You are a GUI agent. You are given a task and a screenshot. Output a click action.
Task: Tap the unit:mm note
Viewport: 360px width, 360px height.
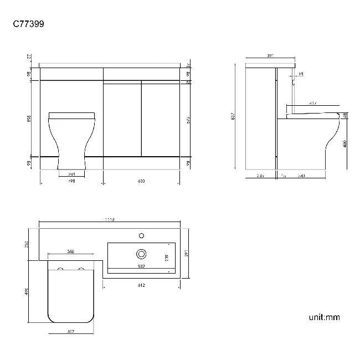pos(324,317)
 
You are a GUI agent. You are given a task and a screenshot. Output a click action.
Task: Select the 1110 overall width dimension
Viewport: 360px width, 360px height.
pos(110,220)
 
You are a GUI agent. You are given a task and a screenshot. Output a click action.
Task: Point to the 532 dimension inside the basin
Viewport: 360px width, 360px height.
pos(141,266)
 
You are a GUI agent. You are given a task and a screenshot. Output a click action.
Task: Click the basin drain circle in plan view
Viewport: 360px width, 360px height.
pos(142,254)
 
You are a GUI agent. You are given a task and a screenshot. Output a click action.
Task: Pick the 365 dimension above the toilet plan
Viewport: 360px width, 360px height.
pos(71,251)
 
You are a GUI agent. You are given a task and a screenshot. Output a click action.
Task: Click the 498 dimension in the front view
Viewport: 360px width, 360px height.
pos(71,180)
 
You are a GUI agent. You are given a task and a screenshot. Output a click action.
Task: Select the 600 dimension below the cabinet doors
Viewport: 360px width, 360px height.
pos(141,180)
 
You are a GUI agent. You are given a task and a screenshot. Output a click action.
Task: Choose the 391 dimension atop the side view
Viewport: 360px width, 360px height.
pos(270,56)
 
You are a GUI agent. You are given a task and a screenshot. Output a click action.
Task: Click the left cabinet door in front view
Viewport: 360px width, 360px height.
pos(122,119)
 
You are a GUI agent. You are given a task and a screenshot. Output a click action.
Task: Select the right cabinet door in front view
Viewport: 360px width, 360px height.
pos(161,119)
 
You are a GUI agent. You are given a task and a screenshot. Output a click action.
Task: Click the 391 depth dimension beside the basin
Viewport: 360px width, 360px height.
pos(188,254)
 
